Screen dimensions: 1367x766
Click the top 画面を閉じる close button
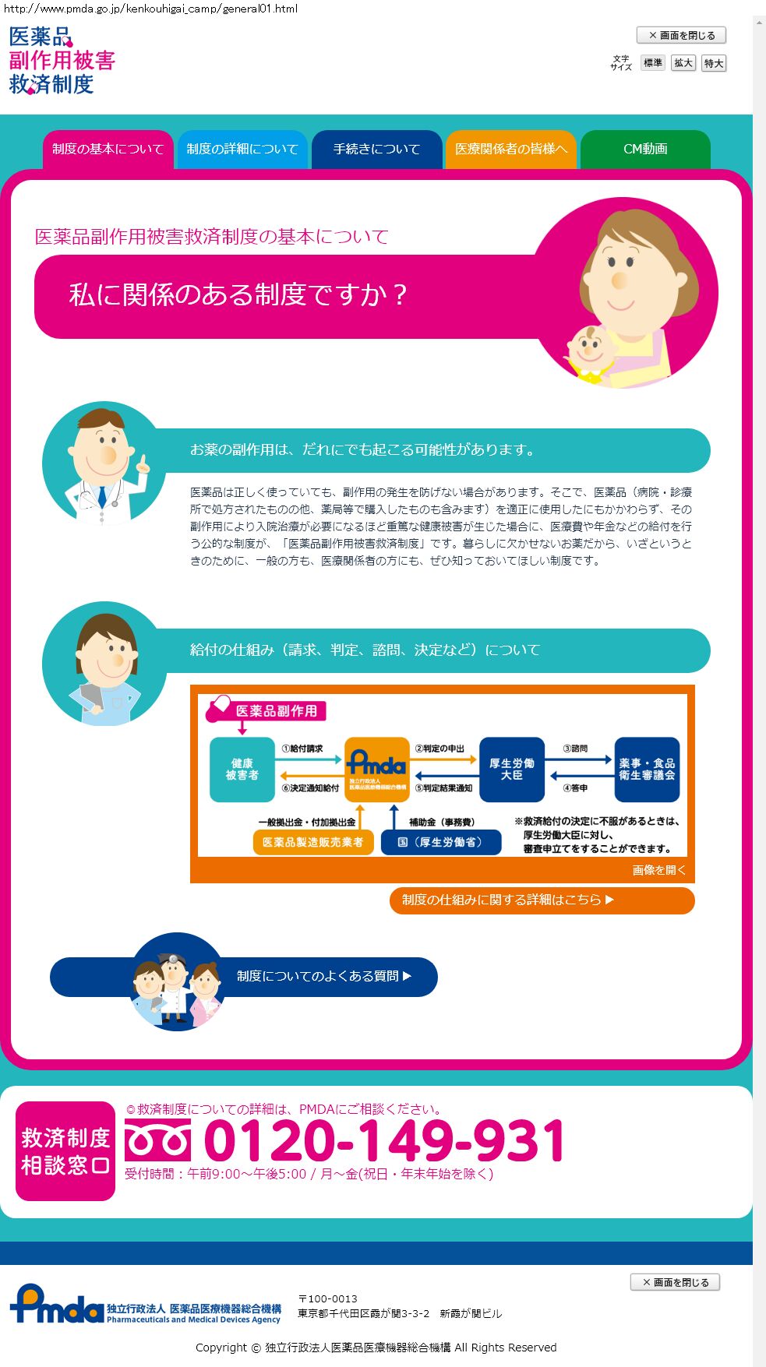tap(681, 35)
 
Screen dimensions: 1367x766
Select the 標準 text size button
tap(653, 63)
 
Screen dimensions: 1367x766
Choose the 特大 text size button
tap(714, 63)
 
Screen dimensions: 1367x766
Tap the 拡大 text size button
tap(683, 63)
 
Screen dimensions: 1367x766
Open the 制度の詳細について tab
tap(242, 149)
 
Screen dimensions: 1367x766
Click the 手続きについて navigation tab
tap(376, 149)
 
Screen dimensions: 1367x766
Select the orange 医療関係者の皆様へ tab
tap(510, 149)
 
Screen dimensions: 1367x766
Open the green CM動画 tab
tap(645, 149)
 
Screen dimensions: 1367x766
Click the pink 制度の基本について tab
tap(108, 149)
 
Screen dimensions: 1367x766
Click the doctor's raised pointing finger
tap(143, 464)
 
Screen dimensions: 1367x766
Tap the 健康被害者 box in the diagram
tap(242, 770)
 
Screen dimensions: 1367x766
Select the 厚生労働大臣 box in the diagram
tap(511, 770)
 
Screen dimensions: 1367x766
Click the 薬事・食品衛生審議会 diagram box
tap(647, 770)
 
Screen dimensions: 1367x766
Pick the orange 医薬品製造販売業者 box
tap(312, 842)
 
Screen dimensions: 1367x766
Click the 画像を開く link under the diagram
tap(658, 870)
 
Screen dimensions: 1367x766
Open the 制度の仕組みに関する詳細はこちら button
tap(542, 900)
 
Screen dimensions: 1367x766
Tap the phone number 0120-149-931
tap(384, 1141)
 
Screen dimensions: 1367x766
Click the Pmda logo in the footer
tap(56, 1305)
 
